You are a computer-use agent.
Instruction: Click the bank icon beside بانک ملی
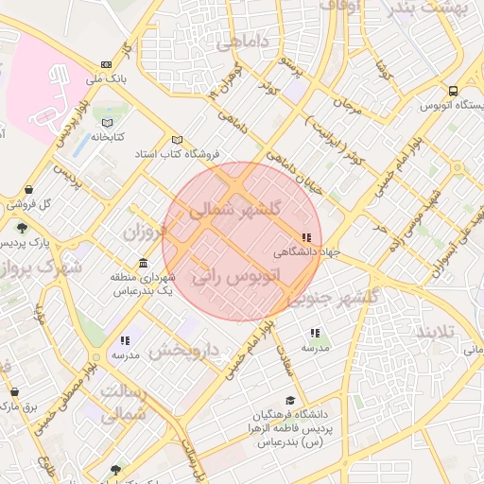105,64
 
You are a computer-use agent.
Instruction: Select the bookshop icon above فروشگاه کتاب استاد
177,139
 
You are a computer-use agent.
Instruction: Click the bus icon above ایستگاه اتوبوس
454,92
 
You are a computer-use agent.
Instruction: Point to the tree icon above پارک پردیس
22,227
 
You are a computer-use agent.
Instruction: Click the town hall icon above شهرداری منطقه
142,263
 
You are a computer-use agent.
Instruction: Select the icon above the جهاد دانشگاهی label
304,238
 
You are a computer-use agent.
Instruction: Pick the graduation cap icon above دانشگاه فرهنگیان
289,401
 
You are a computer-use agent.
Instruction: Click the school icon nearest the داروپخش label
124,340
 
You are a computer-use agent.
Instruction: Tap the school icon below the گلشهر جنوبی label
315,333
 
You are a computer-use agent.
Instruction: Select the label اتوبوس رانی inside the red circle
236,278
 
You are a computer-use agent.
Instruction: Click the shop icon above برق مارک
13,391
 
